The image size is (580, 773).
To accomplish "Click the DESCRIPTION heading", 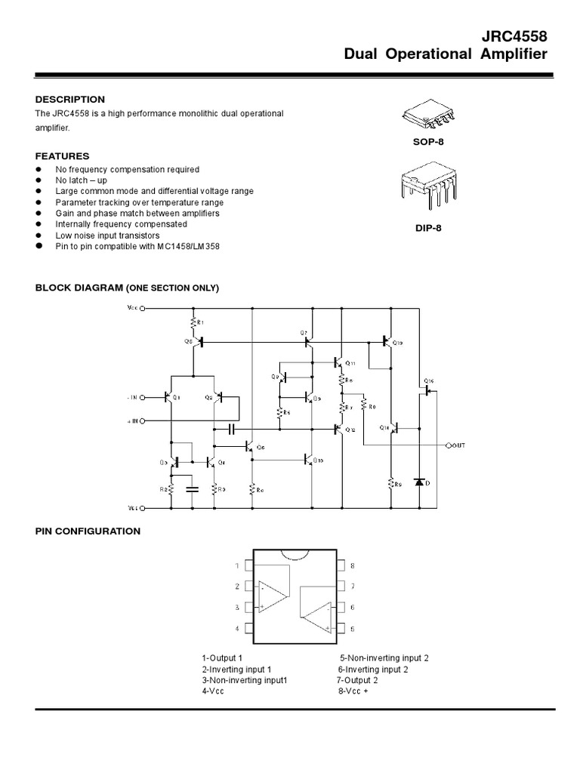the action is coord(70,100).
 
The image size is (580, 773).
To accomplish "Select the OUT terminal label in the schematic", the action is coord(458,445).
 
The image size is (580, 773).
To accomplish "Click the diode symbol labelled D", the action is coord(420,482).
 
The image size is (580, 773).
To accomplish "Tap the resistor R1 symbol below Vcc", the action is coord(194,323).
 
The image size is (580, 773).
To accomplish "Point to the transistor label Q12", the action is coord(350,430).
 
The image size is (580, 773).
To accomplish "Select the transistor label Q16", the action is coord(428,380).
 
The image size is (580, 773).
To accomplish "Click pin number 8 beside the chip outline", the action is coord(352,565).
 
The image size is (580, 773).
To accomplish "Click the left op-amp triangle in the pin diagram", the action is coord(271,596).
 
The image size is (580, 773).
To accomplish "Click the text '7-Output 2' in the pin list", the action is coord(358,679).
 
